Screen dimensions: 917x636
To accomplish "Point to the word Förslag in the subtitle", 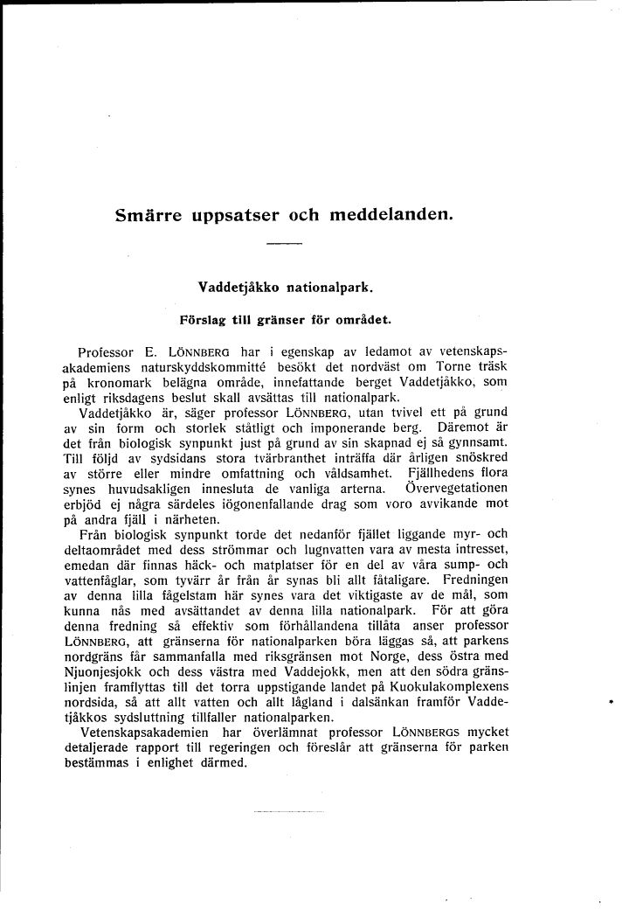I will (204, 320).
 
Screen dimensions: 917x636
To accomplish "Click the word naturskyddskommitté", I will (169, 367).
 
